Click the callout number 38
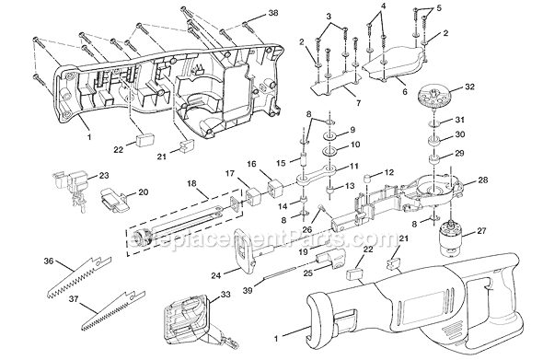(x=245, y=14)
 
